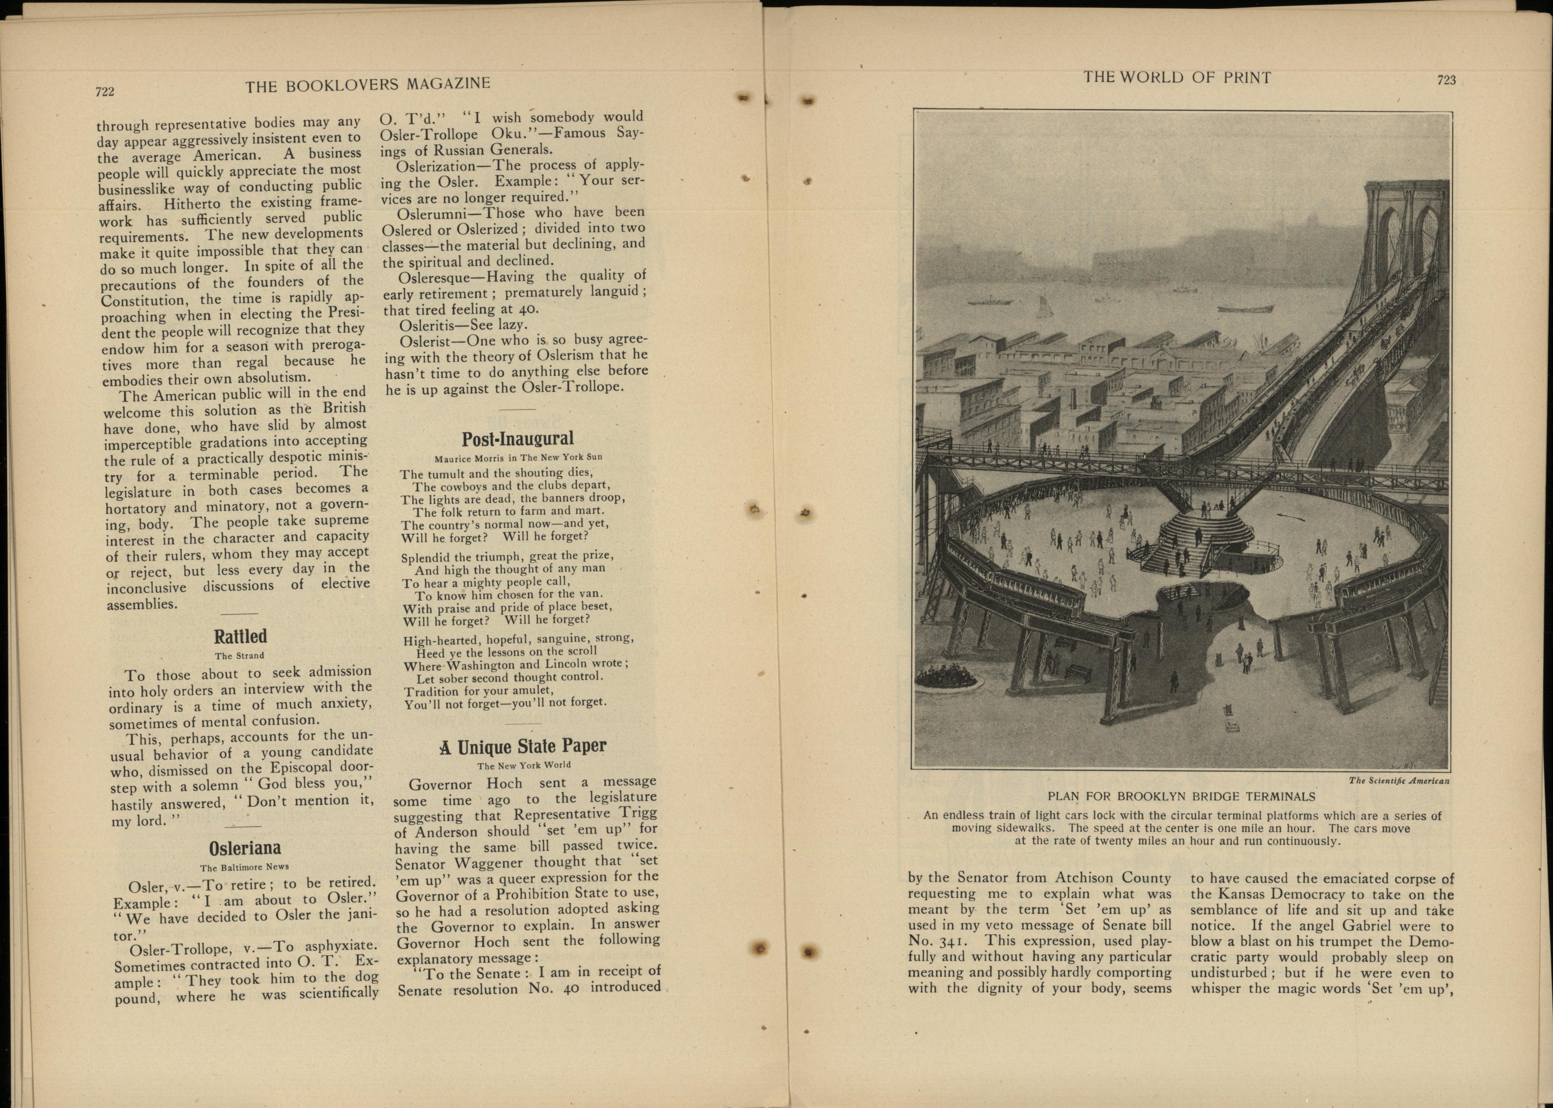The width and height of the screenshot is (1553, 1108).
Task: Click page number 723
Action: (x=1446, y=80)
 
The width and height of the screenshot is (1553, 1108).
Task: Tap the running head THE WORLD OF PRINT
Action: (x=1177, y=78)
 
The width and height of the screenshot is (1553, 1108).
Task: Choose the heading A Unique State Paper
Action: (x=522, y=746)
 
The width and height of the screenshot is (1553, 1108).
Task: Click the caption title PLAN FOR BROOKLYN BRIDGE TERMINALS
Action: (x=1181, y=796)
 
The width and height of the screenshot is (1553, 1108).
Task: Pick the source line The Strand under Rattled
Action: (x=239, y=656)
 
